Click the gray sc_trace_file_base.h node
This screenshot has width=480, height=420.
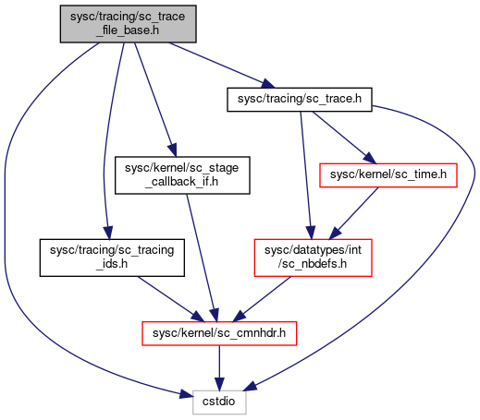coord(128,24)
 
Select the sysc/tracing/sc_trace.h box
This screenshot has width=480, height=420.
coord(300,100)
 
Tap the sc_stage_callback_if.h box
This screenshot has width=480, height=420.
coord(182,175)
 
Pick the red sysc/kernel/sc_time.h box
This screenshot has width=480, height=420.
coord(388,175)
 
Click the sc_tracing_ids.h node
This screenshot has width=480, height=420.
coord(112,258)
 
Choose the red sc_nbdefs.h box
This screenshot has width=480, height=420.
coord(313,258)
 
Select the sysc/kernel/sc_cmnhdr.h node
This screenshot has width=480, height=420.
coord(219,333)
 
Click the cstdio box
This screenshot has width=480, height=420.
coord(219,402)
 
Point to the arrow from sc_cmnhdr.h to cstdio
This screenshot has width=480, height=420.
coord(219,368)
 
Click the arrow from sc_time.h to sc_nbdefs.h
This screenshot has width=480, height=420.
coord(354,213)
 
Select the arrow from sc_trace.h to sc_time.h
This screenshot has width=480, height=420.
coord(344,138)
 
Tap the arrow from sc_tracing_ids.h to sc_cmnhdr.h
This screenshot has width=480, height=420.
coord(171,299)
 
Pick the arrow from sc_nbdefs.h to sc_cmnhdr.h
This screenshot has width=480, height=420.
coord(262,299)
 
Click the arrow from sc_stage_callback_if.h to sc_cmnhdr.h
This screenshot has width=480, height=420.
coord(203,258)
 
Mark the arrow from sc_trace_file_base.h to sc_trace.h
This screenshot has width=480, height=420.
coord(221,66)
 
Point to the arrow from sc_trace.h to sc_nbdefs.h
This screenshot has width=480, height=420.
coord(306,175)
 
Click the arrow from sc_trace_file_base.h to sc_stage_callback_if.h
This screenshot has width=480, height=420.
coord(155,100)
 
